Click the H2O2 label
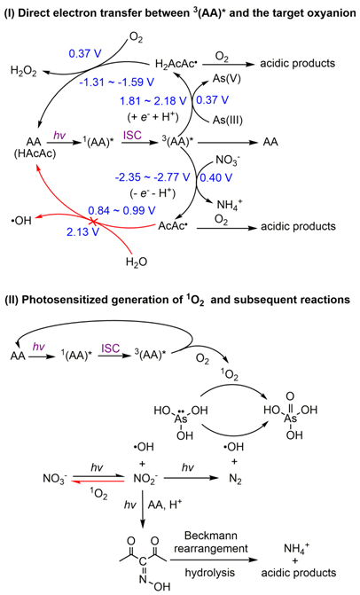[x=24, y=71]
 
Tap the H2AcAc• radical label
[x=176, y=63]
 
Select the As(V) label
[x=226, y=79]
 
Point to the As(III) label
[x=228, y=120]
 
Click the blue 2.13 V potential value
[x=82, y=231]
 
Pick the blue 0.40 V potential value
[x=215, y=177]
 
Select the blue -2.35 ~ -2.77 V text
[x=152, y=177]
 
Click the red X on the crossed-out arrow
[x=93, y=221]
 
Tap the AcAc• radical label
[x=173, y=226]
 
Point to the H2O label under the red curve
[x=137, y=262]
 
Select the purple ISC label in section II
[x=110, y=348]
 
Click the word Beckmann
[x=210, y=536]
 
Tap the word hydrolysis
[x=210, y=572]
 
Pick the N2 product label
[x=235, y=479]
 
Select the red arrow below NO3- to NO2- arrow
[x=98, y=481]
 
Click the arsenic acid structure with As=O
[x=291, y=416]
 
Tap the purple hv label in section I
[x=59, y=136]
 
